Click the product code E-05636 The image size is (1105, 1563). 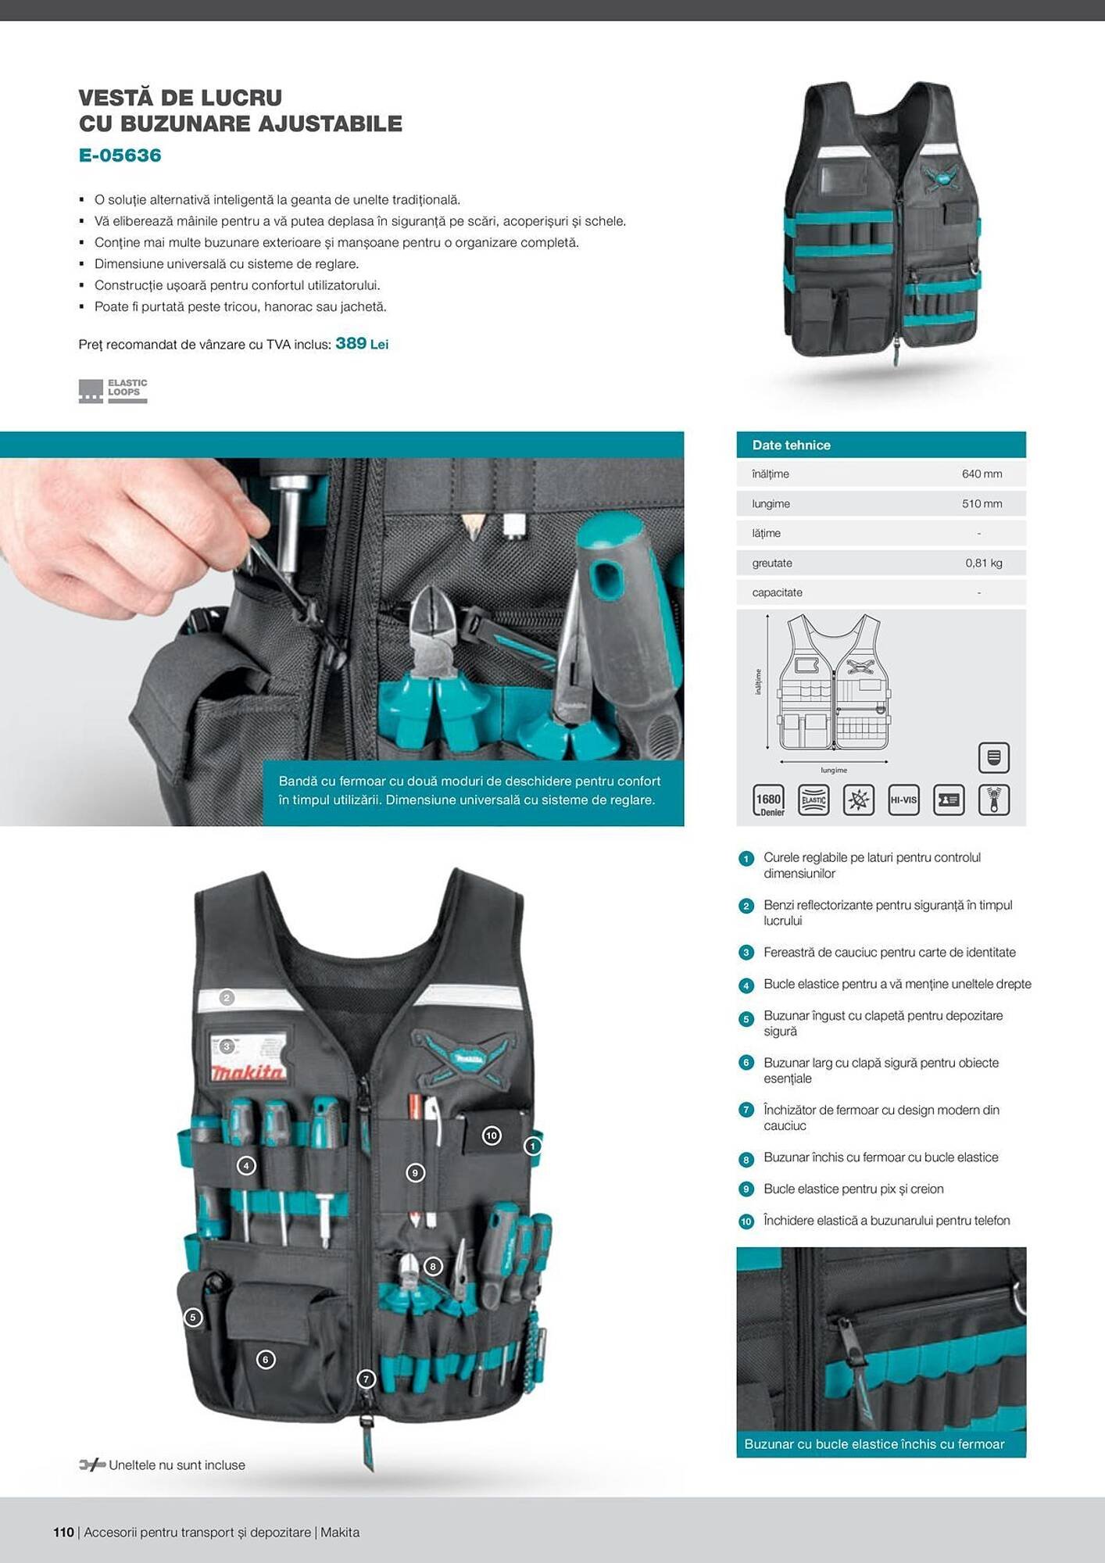(x=120, y=155)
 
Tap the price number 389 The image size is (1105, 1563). (x=350, y=343)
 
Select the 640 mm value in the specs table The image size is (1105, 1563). (x=982, y=474)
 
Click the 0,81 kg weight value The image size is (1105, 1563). (x=983, y=563)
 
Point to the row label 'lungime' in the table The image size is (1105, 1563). (x=771, y=503)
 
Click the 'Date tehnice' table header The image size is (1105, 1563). (x=791, y=445)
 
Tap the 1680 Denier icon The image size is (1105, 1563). (x=768, y=800)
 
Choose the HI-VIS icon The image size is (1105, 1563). (x=903, y=799)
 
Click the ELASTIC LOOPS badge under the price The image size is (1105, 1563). (x=113, y=390)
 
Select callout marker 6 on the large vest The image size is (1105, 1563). (x=266, y=1360)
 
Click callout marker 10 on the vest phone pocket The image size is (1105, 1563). (x=492, y=1136)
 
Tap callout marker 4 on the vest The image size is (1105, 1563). (x=246, y=1166)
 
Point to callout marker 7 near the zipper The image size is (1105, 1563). (x=366, y=1379)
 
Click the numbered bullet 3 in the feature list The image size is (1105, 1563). (x=746, y=953)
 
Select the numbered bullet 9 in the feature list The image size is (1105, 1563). (x=746, y=1189)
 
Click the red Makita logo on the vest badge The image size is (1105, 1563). (x=248, y=1072)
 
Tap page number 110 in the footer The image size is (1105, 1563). (x=63, y=1532)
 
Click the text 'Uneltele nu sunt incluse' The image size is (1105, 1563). (x=177, y=1465)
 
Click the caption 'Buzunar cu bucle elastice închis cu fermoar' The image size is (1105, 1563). (x=874, y=1444)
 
